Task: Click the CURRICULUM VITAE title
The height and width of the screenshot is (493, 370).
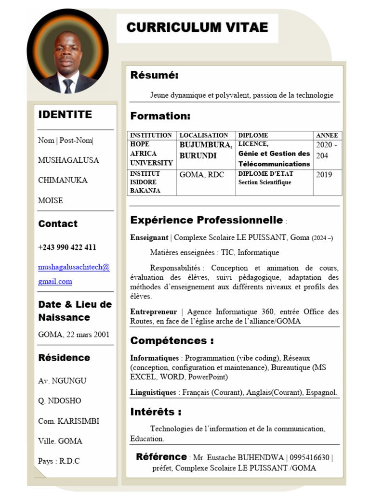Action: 197,27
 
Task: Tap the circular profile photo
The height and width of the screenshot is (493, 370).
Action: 67,51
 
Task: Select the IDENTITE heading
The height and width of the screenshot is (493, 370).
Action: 65,115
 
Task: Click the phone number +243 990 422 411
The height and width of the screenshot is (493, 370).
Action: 67,247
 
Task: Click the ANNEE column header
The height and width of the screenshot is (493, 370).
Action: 327,135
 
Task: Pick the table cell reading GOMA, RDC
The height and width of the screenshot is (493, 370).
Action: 202,175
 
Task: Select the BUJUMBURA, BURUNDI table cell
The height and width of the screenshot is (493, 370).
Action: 206,150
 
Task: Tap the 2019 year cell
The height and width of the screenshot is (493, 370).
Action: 324,175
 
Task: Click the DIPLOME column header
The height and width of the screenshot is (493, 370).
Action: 253,135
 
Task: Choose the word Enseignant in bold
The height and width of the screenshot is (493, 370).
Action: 149,237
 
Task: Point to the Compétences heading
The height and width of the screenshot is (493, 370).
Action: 172,341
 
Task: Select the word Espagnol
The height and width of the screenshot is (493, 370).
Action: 321,392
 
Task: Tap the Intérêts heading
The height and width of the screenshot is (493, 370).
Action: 156,412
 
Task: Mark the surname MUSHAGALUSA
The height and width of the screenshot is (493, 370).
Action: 68,160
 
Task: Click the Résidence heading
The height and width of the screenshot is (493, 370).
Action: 64,358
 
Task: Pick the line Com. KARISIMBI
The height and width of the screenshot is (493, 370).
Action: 68,421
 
